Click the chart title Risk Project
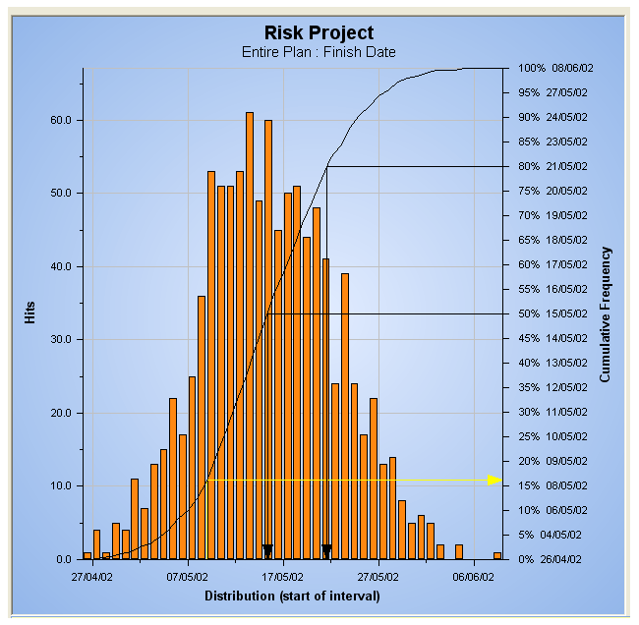pyautogui.click(x=319, y=33)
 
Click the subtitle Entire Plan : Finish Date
pyautogui.click(x=319, y=52)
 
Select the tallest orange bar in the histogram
pyautogui.click(x=250, y=335)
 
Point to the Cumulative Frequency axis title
pyautogui.click(x=606, y=313)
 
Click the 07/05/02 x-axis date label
pyautogui.click(x=187, y=578)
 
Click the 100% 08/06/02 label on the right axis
pyautogui.click(x=556, y=69)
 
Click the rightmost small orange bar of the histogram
pyautogui.click(x=497, y=555)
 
